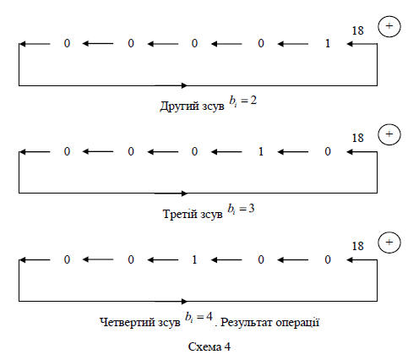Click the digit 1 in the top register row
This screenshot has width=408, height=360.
tap(328, 43)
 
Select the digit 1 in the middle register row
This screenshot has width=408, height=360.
tap(261, 151)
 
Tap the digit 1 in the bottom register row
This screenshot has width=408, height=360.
tap(194, 259)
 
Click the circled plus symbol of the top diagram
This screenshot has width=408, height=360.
tap(389, 26)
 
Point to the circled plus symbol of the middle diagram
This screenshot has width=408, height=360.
tap(389, 134)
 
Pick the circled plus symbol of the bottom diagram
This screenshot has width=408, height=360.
tap(389, 243)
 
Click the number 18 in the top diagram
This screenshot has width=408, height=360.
tap(358, 30)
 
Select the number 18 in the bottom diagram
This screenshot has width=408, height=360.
tap(358, 246)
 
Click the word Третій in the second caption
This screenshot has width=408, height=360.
tap(180, 214)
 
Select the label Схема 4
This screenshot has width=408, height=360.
tap(209, 346)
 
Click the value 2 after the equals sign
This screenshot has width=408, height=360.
tap(253, 101)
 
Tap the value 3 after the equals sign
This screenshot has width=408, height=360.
tap(252, 209)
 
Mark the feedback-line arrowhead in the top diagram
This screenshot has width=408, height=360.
tap(184, 85)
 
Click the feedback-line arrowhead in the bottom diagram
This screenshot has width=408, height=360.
tap(184, 302)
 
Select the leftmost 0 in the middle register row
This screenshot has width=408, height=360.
tap(67, 151)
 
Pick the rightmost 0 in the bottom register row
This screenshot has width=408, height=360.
tap(328, 259)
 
